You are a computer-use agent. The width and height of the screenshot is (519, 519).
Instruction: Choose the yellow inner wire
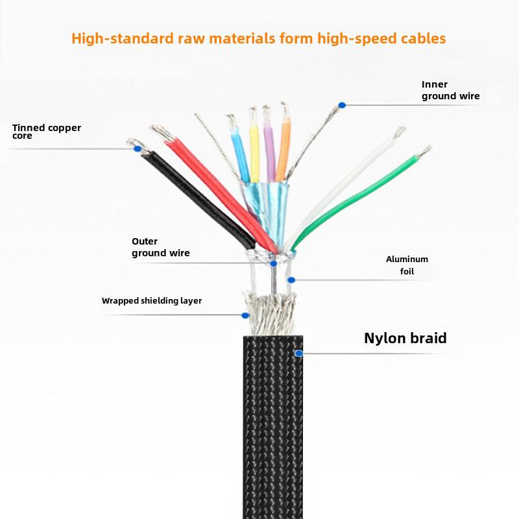point(254,151)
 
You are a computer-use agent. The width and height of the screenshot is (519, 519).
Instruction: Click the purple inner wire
point(269,151)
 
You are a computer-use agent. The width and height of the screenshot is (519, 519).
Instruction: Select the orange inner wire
point(284,149)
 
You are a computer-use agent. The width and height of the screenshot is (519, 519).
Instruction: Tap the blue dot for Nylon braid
point(298,353)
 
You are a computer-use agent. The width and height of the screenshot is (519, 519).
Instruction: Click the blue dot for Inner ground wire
point(342,105)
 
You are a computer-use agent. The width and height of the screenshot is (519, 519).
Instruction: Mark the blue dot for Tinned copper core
point(138,149)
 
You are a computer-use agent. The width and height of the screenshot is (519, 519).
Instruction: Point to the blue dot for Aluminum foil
point(291,280)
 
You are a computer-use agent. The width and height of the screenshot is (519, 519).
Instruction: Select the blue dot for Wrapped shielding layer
point(245,315)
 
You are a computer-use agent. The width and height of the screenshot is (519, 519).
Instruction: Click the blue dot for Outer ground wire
point(273,263)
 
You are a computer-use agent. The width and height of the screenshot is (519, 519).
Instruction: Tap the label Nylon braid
point(405,338)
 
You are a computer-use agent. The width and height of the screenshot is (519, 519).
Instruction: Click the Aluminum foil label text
point(407,265)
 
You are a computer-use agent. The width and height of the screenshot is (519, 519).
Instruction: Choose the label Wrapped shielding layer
point(152,301)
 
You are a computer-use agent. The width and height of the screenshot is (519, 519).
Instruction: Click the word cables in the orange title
point(424,38)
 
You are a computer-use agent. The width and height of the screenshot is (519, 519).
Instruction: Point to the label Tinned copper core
point(46,132)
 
